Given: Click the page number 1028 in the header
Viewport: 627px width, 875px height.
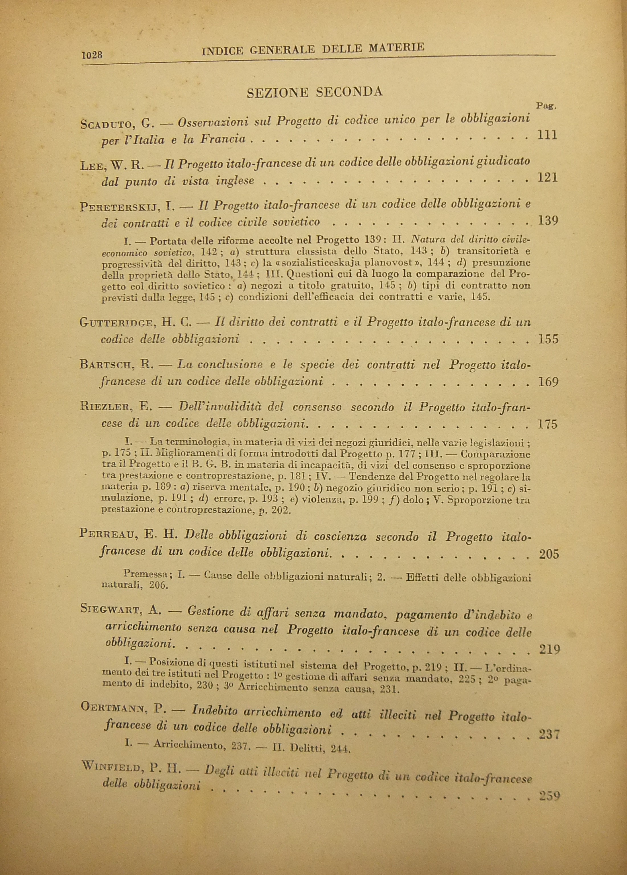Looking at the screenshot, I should (92, 55).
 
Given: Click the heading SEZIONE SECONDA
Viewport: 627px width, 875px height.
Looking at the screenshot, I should (314, 92).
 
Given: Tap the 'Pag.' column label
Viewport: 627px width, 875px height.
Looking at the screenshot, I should (546, 106).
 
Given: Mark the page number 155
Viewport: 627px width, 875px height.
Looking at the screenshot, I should (548, 339).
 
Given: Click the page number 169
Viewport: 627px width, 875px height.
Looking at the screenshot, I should (548, 382).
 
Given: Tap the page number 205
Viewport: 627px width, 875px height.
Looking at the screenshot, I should (548, 554).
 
